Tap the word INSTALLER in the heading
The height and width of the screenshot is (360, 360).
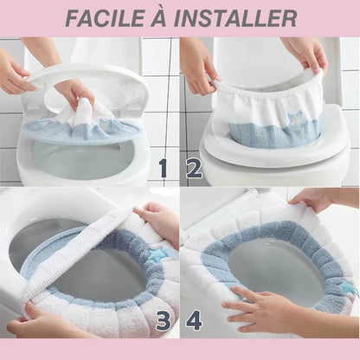pyautogui.click(x=235, y=18)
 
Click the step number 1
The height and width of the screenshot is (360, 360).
pyautogui.click(x=164, y=169)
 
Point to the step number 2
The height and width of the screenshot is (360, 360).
pyautogui.click(x=194, y=169)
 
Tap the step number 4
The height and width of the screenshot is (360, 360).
pyautogui.click(x=194, y=321)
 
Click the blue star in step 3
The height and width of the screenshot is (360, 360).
pyautogui.click(x=155, y=254)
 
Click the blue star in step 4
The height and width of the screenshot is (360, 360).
pyautogui.click(x=346, y=286)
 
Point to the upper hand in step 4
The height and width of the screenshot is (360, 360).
pyautogui.click(x=313, y=202)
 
